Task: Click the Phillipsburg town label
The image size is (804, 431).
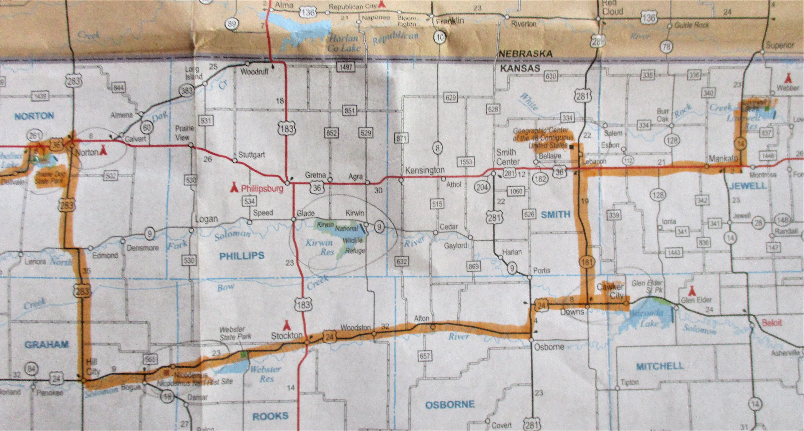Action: click(262, 188)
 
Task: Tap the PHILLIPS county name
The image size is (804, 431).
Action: click(242, 256)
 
